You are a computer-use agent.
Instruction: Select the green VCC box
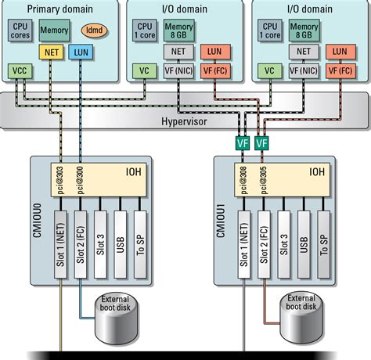pyautogui.click(x=20, y=71)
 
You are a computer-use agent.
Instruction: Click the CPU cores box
pyautogui.click(x=20, y=31)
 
